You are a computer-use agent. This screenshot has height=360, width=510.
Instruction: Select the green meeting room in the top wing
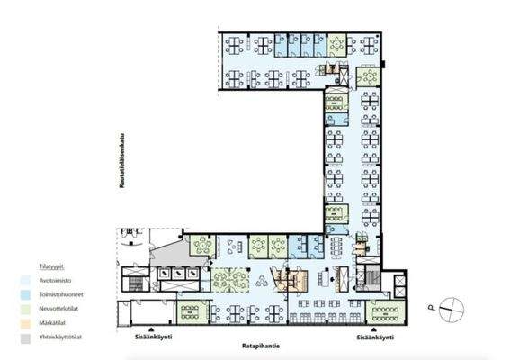(336, 45)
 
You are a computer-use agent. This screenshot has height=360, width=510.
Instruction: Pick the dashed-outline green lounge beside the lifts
(230, 278)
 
